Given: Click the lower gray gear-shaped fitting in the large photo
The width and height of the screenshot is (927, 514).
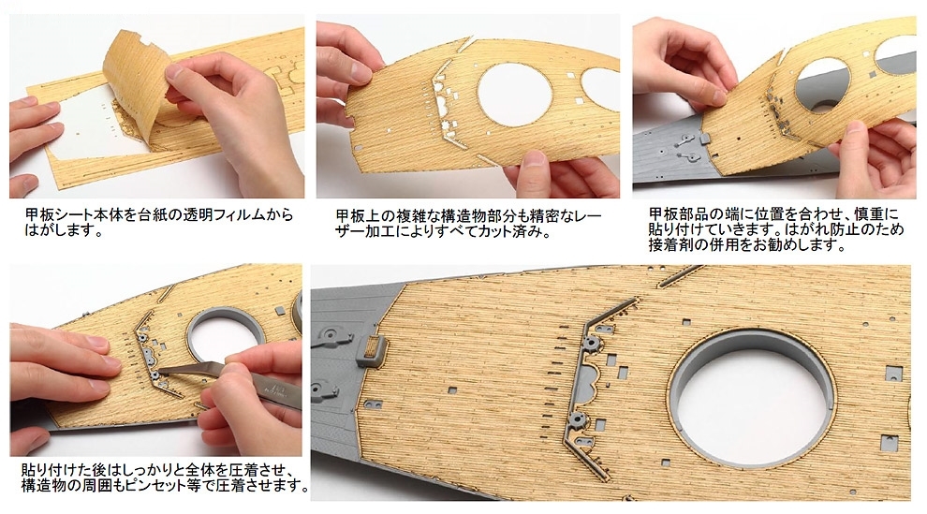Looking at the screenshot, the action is click(x=577, y=420).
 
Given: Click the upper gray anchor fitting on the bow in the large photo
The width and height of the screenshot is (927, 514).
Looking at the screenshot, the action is click(x=331, y=338).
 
